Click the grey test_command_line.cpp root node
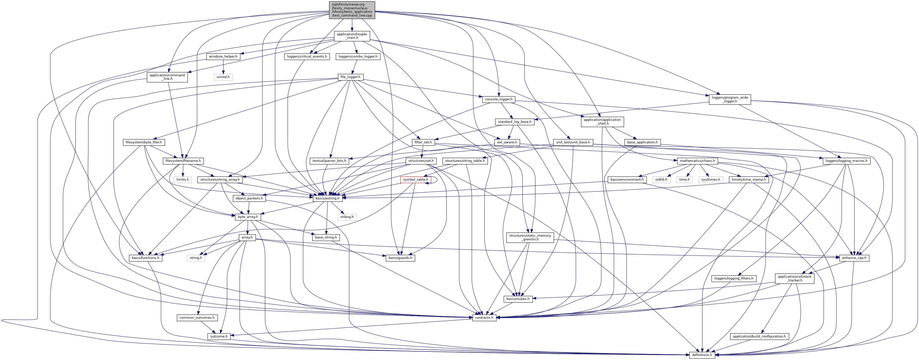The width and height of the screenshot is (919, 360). tap(352, 10)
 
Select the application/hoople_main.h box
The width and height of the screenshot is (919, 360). tap(352, 36)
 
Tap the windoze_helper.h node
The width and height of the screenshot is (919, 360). tap(223, 56)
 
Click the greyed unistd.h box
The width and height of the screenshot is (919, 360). tap(223, 77)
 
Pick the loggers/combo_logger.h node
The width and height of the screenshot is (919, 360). tap(358, 56)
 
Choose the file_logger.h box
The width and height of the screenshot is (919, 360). tap(350, 77)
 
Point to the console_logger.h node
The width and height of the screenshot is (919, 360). tap(498, 99)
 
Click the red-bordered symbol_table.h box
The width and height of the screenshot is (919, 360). tap(415, 179)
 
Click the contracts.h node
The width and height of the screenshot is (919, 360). tap(484, 317)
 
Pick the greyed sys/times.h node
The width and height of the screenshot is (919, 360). tap(711, 179)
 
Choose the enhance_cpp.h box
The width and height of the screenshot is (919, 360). tap(854, 258)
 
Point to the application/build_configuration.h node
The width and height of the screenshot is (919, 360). tap(759, 336)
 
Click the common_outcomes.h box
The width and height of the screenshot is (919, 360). tap(197, 317)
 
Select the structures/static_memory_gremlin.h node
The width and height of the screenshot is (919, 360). tap(530, 237)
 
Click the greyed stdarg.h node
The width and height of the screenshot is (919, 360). tap(347, 217)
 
